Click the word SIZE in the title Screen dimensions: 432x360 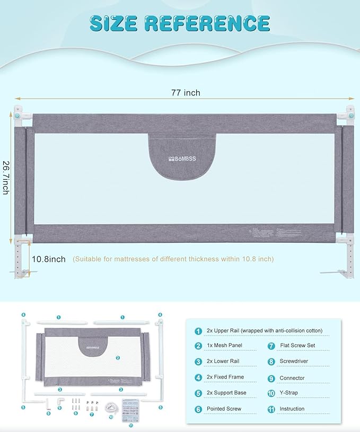(115, 23)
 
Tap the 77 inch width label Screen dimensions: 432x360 (185, 93)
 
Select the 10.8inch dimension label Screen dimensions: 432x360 (48, 259)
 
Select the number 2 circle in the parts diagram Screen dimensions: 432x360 (117, 358)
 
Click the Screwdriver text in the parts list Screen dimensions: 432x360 (293, 362)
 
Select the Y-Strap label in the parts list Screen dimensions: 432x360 (289, 393)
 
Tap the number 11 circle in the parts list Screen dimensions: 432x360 (270, 409)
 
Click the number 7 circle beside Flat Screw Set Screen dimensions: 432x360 (270, 346)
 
